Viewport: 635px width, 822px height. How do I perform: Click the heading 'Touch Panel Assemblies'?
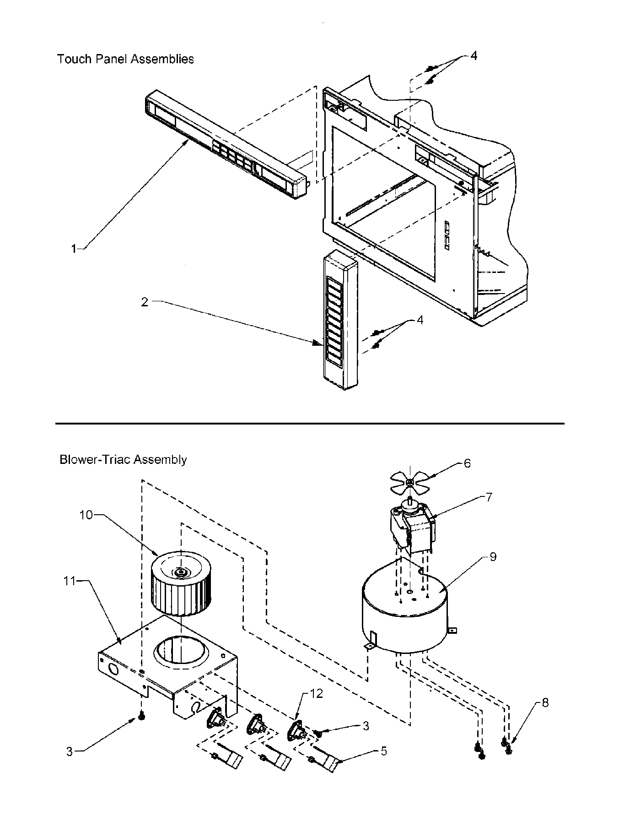tap(125, 59)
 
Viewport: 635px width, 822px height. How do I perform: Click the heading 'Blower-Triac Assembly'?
tap(123, 459)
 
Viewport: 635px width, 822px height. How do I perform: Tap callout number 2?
tap(145, 302)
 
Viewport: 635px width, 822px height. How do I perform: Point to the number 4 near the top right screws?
tap(474, 55)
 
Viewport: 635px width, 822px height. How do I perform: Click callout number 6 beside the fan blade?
tap(467, 463)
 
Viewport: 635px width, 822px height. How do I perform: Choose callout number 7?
tap(489, 497)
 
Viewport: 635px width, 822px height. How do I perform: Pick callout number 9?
tap(493, 557)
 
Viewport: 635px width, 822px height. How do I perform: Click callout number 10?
tap(86, 515)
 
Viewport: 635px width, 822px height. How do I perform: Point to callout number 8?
tap(544, 702)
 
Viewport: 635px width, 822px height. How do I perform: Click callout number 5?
tap(383, 751)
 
